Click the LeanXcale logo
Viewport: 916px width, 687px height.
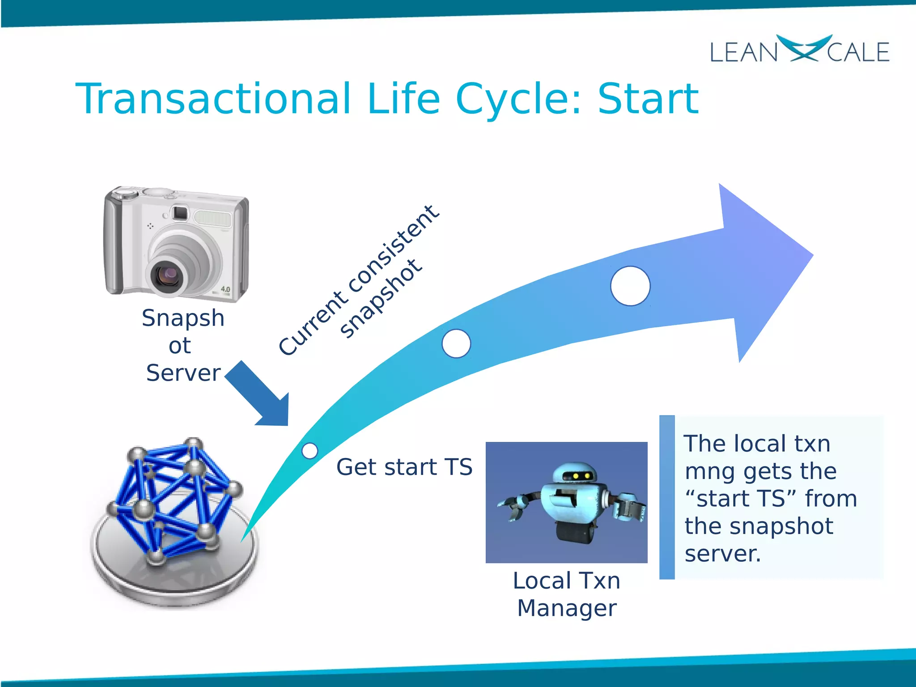pos(800,50)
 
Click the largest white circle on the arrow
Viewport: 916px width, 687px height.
pos(630,286)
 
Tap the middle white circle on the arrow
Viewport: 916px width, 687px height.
pos(456,343)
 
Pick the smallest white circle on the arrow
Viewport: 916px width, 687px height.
pos(310,450)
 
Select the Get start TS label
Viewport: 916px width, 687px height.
pos(404,467)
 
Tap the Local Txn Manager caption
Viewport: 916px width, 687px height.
pos(566,594)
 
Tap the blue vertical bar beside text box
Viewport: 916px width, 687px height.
pos(666,497)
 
